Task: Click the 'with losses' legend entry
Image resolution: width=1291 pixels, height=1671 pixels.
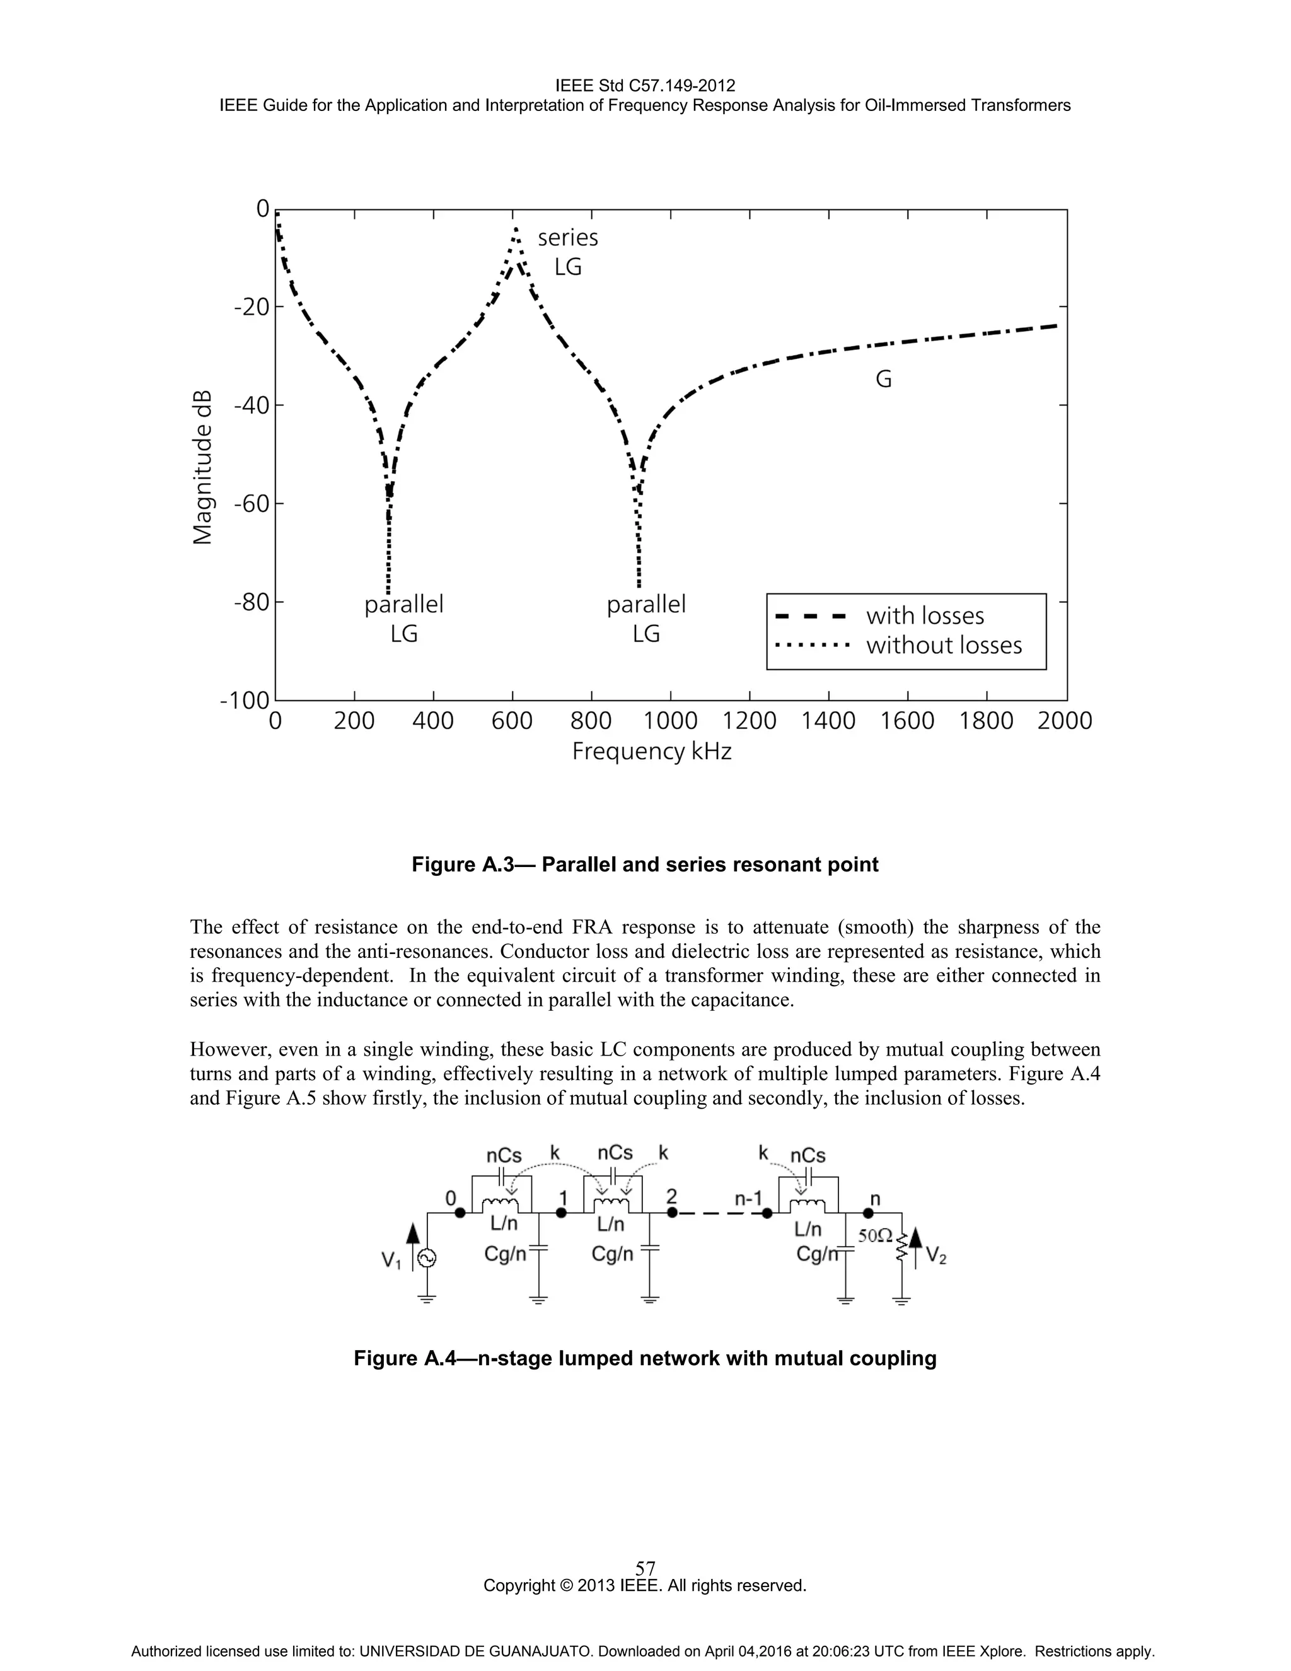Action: coord(924,616)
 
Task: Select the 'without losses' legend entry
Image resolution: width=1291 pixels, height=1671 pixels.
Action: coord(943,646)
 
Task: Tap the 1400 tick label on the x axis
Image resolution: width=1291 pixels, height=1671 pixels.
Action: coord(828,721)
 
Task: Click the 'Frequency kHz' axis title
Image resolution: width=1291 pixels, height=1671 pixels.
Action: coord(652,752)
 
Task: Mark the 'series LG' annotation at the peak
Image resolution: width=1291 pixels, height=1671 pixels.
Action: coord(567,252)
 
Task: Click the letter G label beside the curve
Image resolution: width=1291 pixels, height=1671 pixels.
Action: coord(883,380)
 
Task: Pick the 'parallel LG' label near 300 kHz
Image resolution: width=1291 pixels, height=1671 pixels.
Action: coord(404,618)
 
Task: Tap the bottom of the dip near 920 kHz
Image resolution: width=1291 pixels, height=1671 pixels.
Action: coord(639,585)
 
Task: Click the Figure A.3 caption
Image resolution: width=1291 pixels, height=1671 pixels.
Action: coord(645,865)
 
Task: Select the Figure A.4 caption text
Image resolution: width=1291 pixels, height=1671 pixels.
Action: coord(645,1358)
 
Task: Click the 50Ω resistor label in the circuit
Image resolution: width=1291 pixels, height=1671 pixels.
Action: coord(875,1236)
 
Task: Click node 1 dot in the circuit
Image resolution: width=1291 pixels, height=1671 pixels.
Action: coord(562,1213)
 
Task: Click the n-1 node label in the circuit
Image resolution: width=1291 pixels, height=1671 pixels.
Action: coord(748,1198)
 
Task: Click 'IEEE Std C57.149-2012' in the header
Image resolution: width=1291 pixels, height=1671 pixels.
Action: coord(645,86)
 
